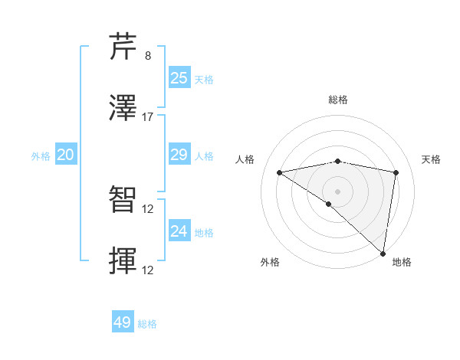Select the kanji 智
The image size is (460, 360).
point(123,200)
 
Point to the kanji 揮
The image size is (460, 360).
point(123,261)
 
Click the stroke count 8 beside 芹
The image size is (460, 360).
point(148,56)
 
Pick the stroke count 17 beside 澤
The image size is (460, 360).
point(148,117)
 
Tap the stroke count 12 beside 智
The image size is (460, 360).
point(148,209)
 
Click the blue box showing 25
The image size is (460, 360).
point(179,77)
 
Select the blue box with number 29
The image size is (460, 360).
point(179,155)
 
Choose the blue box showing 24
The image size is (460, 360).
point(179,231)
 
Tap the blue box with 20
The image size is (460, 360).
point(65,155)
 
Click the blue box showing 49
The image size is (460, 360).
point(123,322)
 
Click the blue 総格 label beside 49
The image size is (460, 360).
point(147,324)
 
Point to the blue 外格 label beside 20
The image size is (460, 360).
point(41,156)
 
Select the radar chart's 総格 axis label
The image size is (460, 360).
point(338,100)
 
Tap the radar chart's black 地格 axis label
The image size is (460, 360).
point(402,262)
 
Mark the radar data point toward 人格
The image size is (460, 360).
point(280,172)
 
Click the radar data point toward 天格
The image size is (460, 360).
point(396,172)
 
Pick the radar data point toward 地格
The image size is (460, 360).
point(383,253)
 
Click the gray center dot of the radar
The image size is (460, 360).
point(338,190)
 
